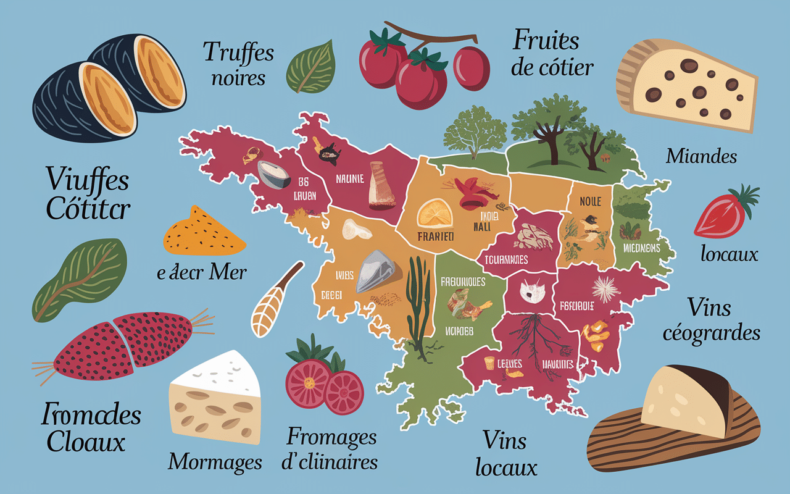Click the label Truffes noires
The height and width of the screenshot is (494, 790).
tap(238, 64)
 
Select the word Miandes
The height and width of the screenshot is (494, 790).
tap(701, 156)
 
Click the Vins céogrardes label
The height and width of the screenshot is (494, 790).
tap(711, 320)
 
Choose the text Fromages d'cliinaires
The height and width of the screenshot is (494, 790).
tap(332, 450)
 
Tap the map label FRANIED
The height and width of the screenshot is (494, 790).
tap(436, 237)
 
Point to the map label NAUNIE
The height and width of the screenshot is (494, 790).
tap(351, 180)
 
